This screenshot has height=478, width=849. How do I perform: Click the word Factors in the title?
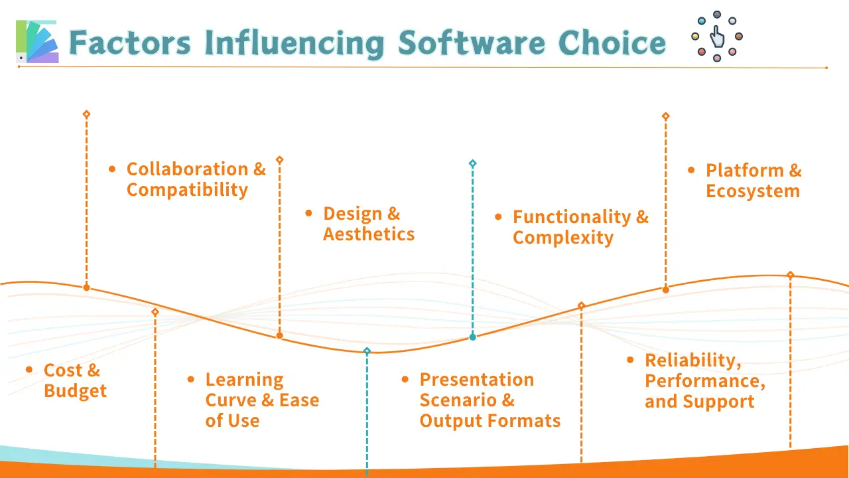coord(129,43)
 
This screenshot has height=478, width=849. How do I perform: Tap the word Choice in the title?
coord(612,43)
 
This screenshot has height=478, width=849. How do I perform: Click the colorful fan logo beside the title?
coord(37,41)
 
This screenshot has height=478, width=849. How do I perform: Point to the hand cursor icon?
coord(717,37)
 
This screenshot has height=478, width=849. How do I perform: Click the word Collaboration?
coord(187,169)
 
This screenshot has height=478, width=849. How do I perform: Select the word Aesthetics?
coord(369,234)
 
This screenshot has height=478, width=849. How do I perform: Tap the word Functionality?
coord(572,217)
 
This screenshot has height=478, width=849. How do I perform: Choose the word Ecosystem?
coord(753,191)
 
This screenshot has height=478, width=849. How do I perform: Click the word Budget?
coord(76,391)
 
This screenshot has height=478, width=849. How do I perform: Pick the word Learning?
coord(245,380)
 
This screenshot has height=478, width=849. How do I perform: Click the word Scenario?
coord(459,400)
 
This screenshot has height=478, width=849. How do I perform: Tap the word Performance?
coord(705,381)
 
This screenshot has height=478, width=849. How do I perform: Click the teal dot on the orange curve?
coord(473,337)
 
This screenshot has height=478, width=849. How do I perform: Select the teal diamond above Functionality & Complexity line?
coord(473,163)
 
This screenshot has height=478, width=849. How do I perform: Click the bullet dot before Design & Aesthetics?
coord(308,213)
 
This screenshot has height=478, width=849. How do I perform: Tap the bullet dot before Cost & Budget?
coord(29,370)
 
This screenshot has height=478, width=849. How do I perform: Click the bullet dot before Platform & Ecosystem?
coord(691,170)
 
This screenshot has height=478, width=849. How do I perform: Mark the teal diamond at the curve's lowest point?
coord(367,351)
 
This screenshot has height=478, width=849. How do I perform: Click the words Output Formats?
coord(490,421)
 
